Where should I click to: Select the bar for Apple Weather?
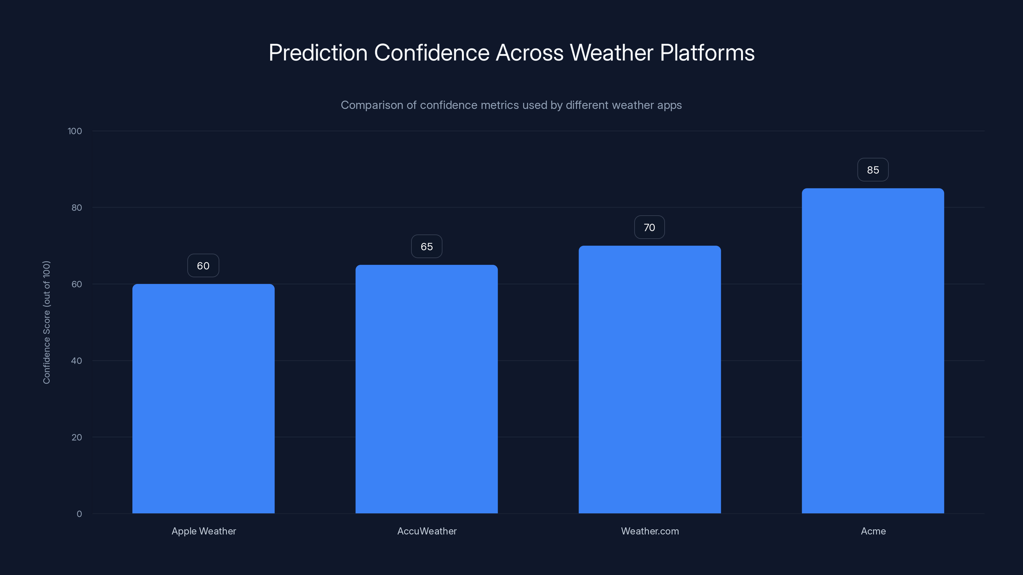[203, 398]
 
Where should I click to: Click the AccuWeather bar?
[426, 389]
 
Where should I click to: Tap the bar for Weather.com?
[650, 379]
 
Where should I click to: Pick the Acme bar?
[873, 351]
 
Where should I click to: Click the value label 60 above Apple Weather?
[203, 265]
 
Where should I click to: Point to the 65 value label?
[426, 246]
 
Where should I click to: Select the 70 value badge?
[649, 227]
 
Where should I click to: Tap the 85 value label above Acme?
[873, 170]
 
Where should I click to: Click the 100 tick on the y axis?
[75, 131]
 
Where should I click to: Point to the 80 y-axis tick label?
[77, 208]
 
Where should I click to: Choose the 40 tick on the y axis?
[77, 361]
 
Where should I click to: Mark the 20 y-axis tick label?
[77, 437]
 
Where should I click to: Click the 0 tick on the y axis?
[79, 514]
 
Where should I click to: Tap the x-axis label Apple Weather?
[204, 531]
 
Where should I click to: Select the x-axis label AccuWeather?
[427, 531]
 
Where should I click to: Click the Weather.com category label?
[650, 531]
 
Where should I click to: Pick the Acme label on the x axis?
[873, 531]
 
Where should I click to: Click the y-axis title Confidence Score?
[46, 322]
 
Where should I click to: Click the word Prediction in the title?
[318, 53]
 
